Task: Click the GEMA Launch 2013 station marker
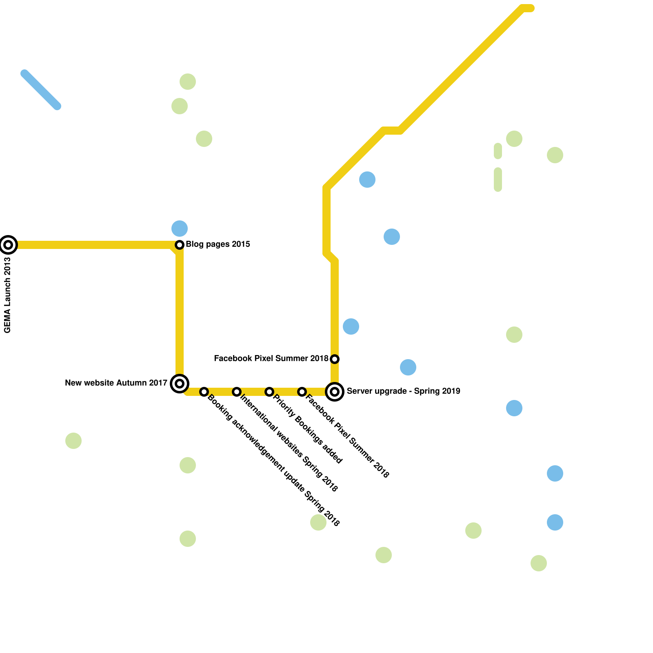click(x=8, y=245)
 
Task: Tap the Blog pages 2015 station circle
click(x=180, y=245)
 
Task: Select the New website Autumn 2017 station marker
click(x=180, y=383)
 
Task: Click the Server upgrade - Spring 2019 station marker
click(x=335, y=392)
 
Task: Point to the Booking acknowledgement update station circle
click(x=204, y=392)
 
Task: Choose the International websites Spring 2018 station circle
click(x=237, y=392)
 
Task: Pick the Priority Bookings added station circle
click(x=269, y=392)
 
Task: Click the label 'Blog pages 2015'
click(x=218, y=244)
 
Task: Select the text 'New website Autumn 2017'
click(x=116, y=383)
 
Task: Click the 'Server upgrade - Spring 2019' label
click(x=403, y=391)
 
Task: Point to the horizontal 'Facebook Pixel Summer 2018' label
click(x=271, y=359)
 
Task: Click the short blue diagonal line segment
click(x=41, y=90)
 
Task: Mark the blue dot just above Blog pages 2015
click(x=180, y=229)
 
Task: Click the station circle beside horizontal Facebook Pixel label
click(x=335, y=359)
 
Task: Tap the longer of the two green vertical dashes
click(x=498, y=180)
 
